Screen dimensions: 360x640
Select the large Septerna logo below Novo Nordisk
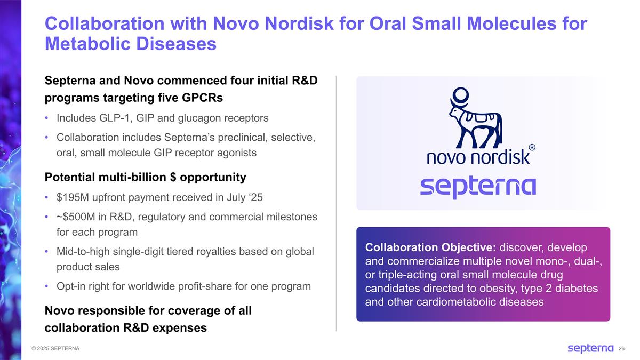[478, 187]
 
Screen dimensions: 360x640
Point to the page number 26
[621, 349]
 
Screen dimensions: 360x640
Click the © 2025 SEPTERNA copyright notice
[55, 349]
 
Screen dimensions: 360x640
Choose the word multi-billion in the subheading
[124, 177]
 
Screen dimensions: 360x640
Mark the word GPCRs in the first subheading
[203, 99]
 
